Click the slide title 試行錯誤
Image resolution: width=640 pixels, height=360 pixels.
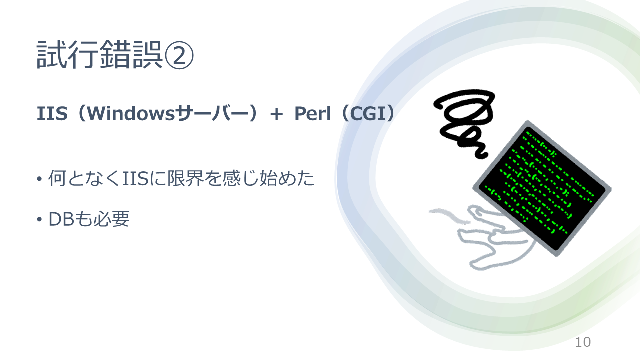[x=99, y=54]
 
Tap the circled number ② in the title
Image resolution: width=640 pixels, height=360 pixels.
[x=179, y=55]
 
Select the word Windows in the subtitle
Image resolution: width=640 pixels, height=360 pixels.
[x=131, y=113]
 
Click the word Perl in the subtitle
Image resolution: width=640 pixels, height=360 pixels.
[x=312, y=113]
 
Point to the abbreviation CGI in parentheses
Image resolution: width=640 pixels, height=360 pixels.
[x=368, y=113]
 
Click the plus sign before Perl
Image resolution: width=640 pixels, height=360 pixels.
[x=276, y=115]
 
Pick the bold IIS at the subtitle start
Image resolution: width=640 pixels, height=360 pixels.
[x=52, y=113]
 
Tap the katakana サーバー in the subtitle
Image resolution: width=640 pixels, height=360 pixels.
[x=212, y=113]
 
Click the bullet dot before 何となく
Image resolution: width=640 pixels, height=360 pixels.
[x=39, y=179]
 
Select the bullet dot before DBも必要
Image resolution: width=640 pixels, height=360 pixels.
[x=39, y=220]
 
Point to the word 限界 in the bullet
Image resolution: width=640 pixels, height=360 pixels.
[x=186, y=178]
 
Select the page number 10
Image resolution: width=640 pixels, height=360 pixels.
[x=583, y=342]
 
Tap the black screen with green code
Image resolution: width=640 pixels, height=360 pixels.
[x=542, y=188]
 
